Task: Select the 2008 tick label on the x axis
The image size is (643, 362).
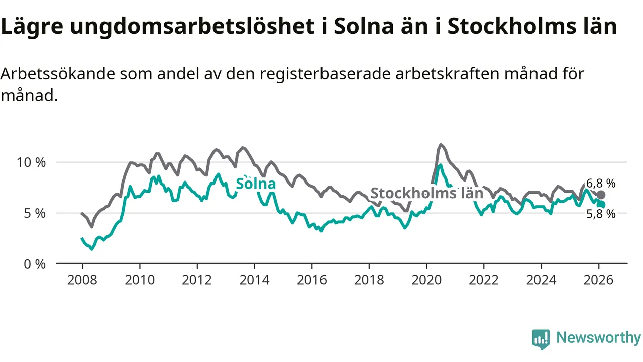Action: coord(82,279)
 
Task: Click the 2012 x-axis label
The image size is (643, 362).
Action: coord(197,279)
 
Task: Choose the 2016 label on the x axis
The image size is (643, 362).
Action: coord(311,279)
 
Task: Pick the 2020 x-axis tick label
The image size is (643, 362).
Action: coord(426,279)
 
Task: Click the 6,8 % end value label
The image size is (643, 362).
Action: coord(601,184)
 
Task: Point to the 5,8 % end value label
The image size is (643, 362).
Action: coord(601,214)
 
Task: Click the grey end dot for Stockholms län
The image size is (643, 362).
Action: coord(601,195)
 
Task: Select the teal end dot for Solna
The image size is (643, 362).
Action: coord(601,204)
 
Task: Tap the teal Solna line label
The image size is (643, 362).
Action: coord(256,183)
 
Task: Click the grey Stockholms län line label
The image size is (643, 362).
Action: coord(426,193)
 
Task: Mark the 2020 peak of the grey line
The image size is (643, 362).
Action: coord(441,145)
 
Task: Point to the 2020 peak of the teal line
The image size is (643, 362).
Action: coord(441,165)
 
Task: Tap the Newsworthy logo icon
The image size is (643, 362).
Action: coord(541,339)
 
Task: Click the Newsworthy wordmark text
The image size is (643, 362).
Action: coord(598,338)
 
